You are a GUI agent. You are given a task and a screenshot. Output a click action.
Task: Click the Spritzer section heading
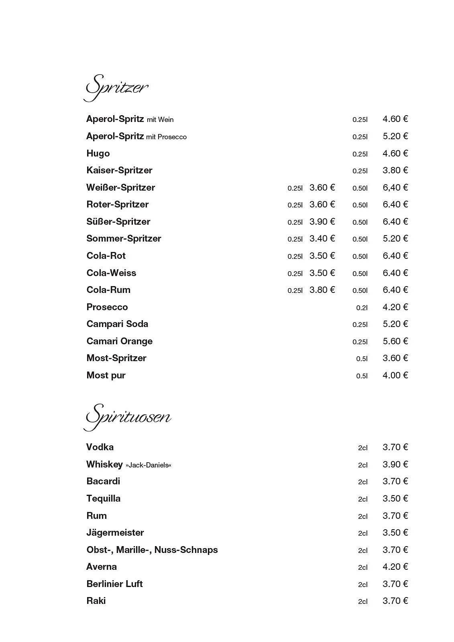point(116,87)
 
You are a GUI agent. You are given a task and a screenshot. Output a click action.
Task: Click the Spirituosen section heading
point(128,417)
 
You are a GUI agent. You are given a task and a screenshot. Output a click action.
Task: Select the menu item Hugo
point(98,154)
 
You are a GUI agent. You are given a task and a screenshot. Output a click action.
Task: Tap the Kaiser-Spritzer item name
point(119,171)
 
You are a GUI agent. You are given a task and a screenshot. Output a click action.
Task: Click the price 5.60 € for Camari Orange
point(395,341)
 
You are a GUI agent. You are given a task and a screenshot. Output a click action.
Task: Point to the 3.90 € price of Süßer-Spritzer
point(322,221)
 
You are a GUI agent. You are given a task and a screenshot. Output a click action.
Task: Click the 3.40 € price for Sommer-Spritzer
point(322,239)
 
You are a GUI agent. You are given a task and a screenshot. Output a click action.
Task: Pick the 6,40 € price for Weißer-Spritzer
point(395,187)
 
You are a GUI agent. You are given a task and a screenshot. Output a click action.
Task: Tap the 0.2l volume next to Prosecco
point(362,308)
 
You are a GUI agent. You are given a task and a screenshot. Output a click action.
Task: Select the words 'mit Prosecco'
point(166,137)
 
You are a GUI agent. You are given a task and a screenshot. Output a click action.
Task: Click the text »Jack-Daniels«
point(148,465)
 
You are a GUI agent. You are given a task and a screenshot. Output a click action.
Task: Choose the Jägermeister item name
point(115,533)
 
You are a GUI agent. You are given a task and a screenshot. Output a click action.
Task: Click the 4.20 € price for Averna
point(395,567)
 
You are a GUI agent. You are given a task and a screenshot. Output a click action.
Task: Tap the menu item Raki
point(96,601)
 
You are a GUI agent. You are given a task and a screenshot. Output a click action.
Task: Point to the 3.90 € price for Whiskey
point(395,464)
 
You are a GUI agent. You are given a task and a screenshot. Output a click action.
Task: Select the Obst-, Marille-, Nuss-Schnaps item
point(152,550)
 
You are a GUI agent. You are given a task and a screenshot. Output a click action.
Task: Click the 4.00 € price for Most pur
point(395,375)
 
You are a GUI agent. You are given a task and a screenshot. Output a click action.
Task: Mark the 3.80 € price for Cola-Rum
point(322,290)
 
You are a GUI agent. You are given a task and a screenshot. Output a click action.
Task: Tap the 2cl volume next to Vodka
point(362,448)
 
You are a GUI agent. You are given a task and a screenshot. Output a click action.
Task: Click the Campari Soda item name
point(117,324)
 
